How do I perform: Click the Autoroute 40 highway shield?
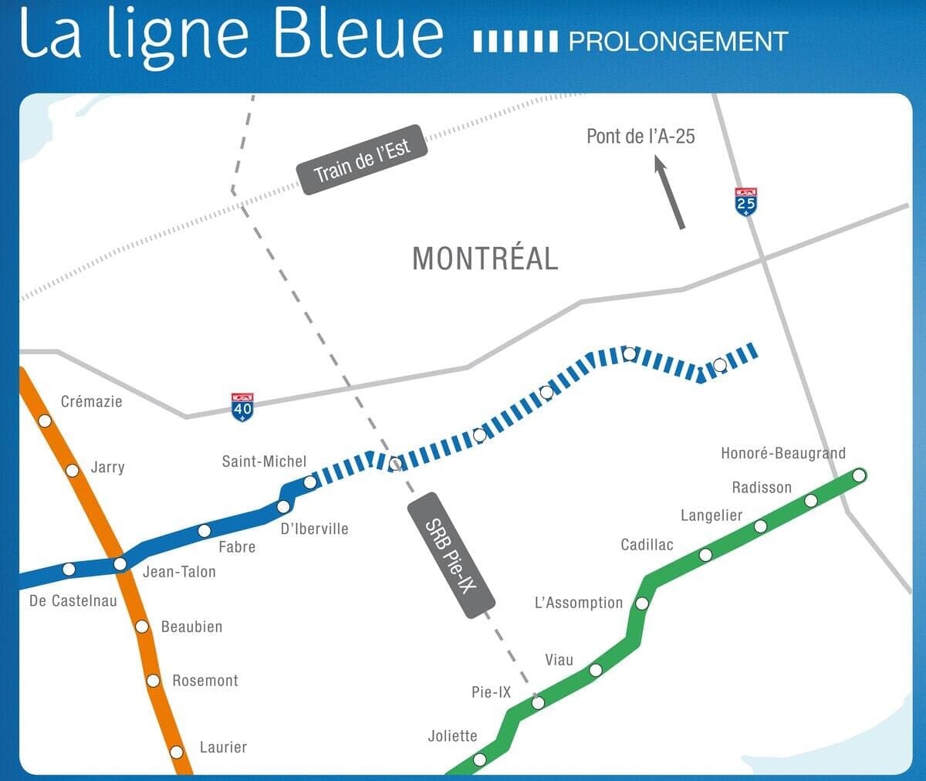click(242, 407)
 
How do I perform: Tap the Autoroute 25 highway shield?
click(745, 201)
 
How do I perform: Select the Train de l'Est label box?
click(362, 160)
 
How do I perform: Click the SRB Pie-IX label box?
click(450, 555)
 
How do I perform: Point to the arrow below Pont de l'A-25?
click(670, 192)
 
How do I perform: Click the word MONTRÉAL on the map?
click(485, 259)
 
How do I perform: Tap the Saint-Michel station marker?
click(309, 482)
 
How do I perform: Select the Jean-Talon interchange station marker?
click(120, 564)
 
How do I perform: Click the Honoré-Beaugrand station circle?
click(859, 475)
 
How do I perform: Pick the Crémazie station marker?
click(45, 421)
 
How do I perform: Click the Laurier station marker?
click(177, 752)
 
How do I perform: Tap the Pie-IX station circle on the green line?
click(538, 702)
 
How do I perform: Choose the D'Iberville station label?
click(314, 529)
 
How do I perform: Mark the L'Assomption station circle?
click(641, 603)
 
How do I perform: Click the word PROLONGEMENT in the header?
click(678, 41)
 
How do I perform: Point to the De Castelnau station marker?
click(69, 570)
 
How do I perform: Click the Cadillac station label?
click(647, 545)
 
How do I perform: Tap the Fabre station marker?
click(204, 531)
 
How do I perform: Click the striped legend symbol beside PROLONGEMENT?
click(515, 42)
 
